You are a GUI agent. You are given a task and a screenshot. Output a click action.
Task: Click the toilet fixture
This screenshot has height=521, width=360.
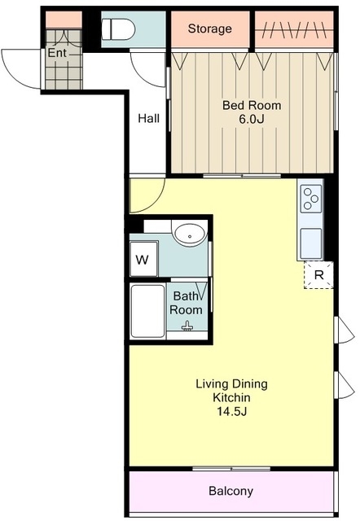[x=118, y=29]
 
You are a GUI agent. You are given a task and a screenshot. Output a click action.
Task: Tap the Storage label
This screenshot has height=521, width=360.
[x=210, y=28]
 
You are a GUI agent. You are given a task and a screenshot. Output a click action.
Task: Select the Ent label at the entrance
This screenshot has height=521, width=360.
[x=57, y=53]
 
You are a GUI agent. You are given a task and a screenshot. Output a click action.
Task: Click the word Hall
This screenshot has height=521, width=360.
[x=148, y=118]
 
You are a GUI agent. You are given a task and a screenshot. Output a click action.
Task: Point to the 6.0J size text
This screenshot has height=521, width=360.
[x=252, y=119]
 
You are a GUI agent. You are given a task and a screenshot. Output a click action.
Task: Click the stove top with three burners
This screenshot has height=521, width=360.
[x=311, y=199]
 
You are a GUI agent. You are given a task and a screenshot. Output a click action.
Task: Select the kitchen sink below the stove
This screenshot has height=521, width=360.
[x=311, y=243]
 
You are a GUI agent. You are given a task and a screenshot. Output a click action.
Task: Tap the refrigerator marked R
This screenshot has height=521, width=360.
[x=318, y=275]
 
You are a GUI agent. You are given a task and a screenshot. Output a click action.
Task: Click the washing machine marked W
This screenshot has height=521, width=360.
[x=143, y=259]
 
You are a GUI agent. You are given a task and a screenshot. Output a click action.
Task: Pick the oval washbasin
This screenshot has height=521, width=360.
[x=190, y=234]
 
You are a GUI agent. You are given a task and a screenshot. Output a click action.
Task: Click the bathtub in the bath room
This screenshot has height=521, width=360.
[x=148, y=311]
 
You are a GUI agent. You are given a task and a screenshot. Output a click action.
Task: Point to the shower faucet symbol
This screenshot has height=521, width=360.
[x=187, y=326]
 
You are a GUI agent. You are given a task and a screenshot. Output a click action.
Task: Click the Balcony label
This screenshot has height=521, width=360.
[x=231, y=491]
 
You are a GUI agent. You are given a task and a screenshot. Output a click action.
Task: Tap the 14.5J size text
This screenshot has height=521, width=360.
[x=231, y=412]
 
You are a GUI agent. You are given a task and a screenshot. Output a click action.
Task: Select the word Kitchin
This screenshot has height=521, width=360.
[x=231, y=397]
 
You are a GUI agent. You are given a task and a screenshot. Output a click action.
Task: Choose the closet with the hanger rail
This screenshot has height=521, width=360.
[x=294, y=29]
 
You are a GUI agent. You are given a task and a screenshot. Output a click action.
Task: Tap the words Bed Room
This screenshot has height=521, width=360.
[x=252, y=105]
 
